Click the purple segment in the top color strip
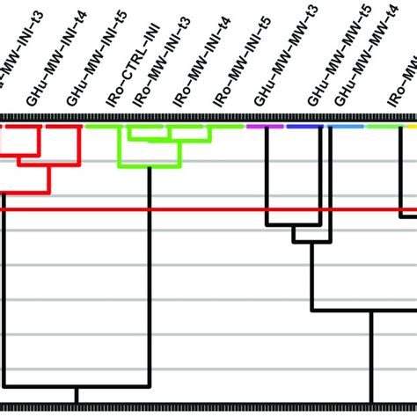[x=265, y=127]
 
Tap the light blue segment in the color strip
[x=346, y=127]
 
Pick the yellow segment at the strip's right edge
[x=412, y=127]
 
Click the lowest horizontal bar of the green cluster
[x=150, y=166]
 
